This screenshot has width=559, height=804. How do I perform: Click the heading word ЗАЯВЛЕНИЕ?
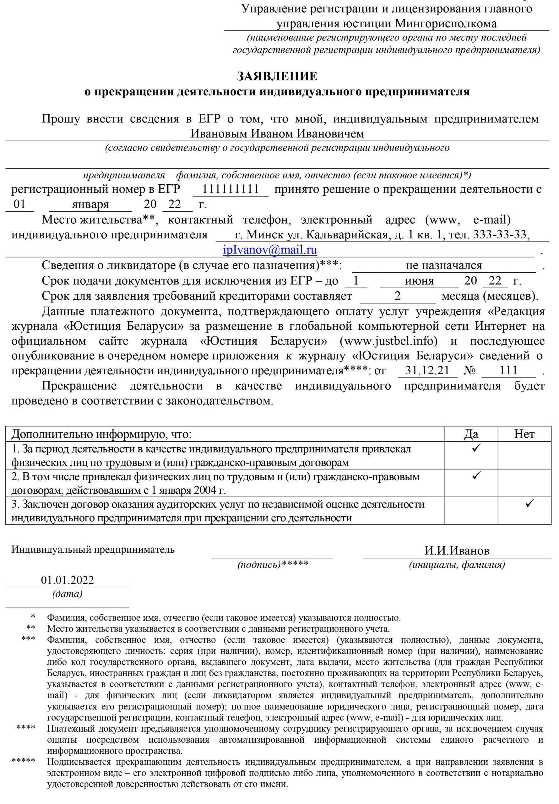click(277, 76)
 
